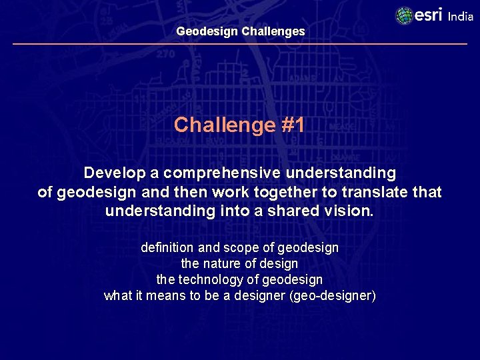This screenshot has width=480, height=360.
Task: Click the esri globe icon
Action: tap(404, 15)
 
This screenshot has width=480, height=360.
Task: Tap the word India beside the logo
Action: tap(461, 17)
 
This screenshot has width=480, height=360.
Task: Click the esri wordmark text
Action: tap(429, 15)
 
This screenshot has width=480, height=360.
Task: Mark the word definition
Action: tap(166, 248)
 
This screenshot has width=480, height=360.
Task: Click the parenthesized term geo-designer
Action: tap(333, 296)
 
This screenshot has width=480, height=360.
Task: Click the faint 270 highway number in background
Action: tap(165, 55)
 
